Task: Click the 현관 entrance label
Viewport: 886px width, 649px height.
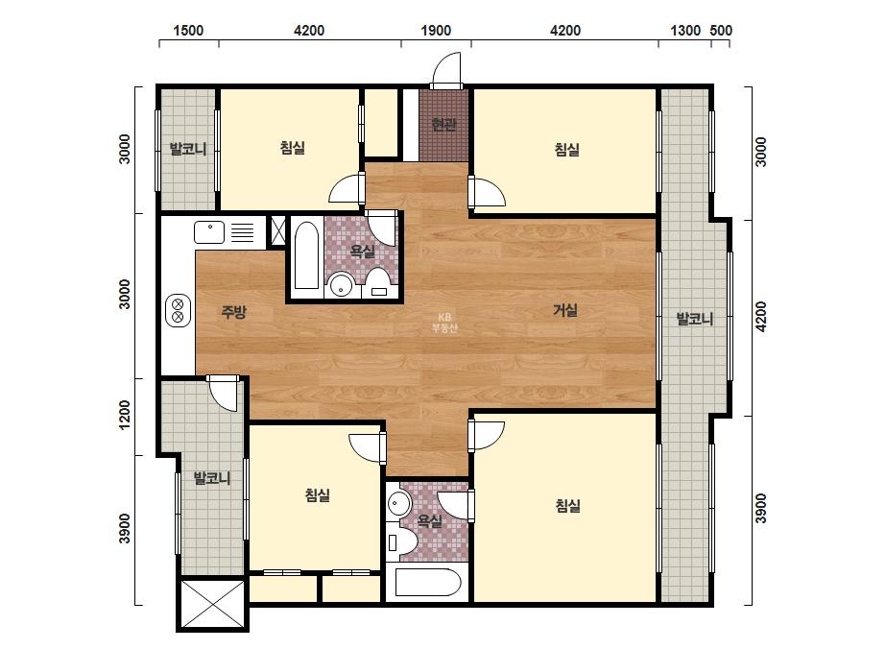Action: tap(443, 125)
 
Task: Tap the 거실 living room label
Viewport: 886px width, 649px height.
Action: tap(565, 310)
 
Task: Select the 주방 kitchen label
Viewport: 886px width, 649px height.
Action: tap(233, 311)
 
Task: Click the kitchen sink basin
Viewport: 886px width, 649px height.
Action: tap(209, 232)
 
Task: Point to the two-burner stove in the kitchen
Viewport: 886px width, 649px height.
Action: tap(178, 311)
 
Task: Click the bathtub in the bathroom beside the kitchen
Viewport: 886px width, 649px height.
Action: tap(307, 255)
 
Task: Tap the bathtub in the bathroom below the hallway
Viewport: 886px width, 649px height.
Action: tap(428, 583)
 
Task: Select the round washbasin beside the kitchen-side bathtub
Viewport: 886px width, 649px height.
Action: tap(341, 284)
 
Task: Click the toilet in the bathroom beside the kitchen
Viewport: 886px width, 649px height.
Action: tap(377, 282)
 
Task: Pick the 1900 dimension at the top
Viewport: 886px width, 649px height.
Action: tap(436, 31)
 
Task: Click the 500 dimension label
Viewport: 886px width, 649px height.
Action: tap(721, 31)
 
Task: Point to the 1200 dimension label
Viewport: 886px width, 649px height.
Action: tap(125, 415)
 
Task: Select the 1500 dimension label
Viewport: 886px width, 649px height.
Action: tap(188, 31)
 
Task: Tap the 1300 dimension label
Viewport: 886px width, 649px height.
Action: tap(685, 31)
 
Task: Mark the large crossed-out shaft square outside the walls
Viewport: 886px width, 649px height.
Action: tap(212, 604)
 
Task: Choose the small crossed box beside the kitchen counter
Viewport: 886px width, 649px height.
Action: tap(277, 230)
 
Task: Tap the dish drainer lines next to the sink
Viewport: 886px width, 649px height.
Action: tap(243, 232)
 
